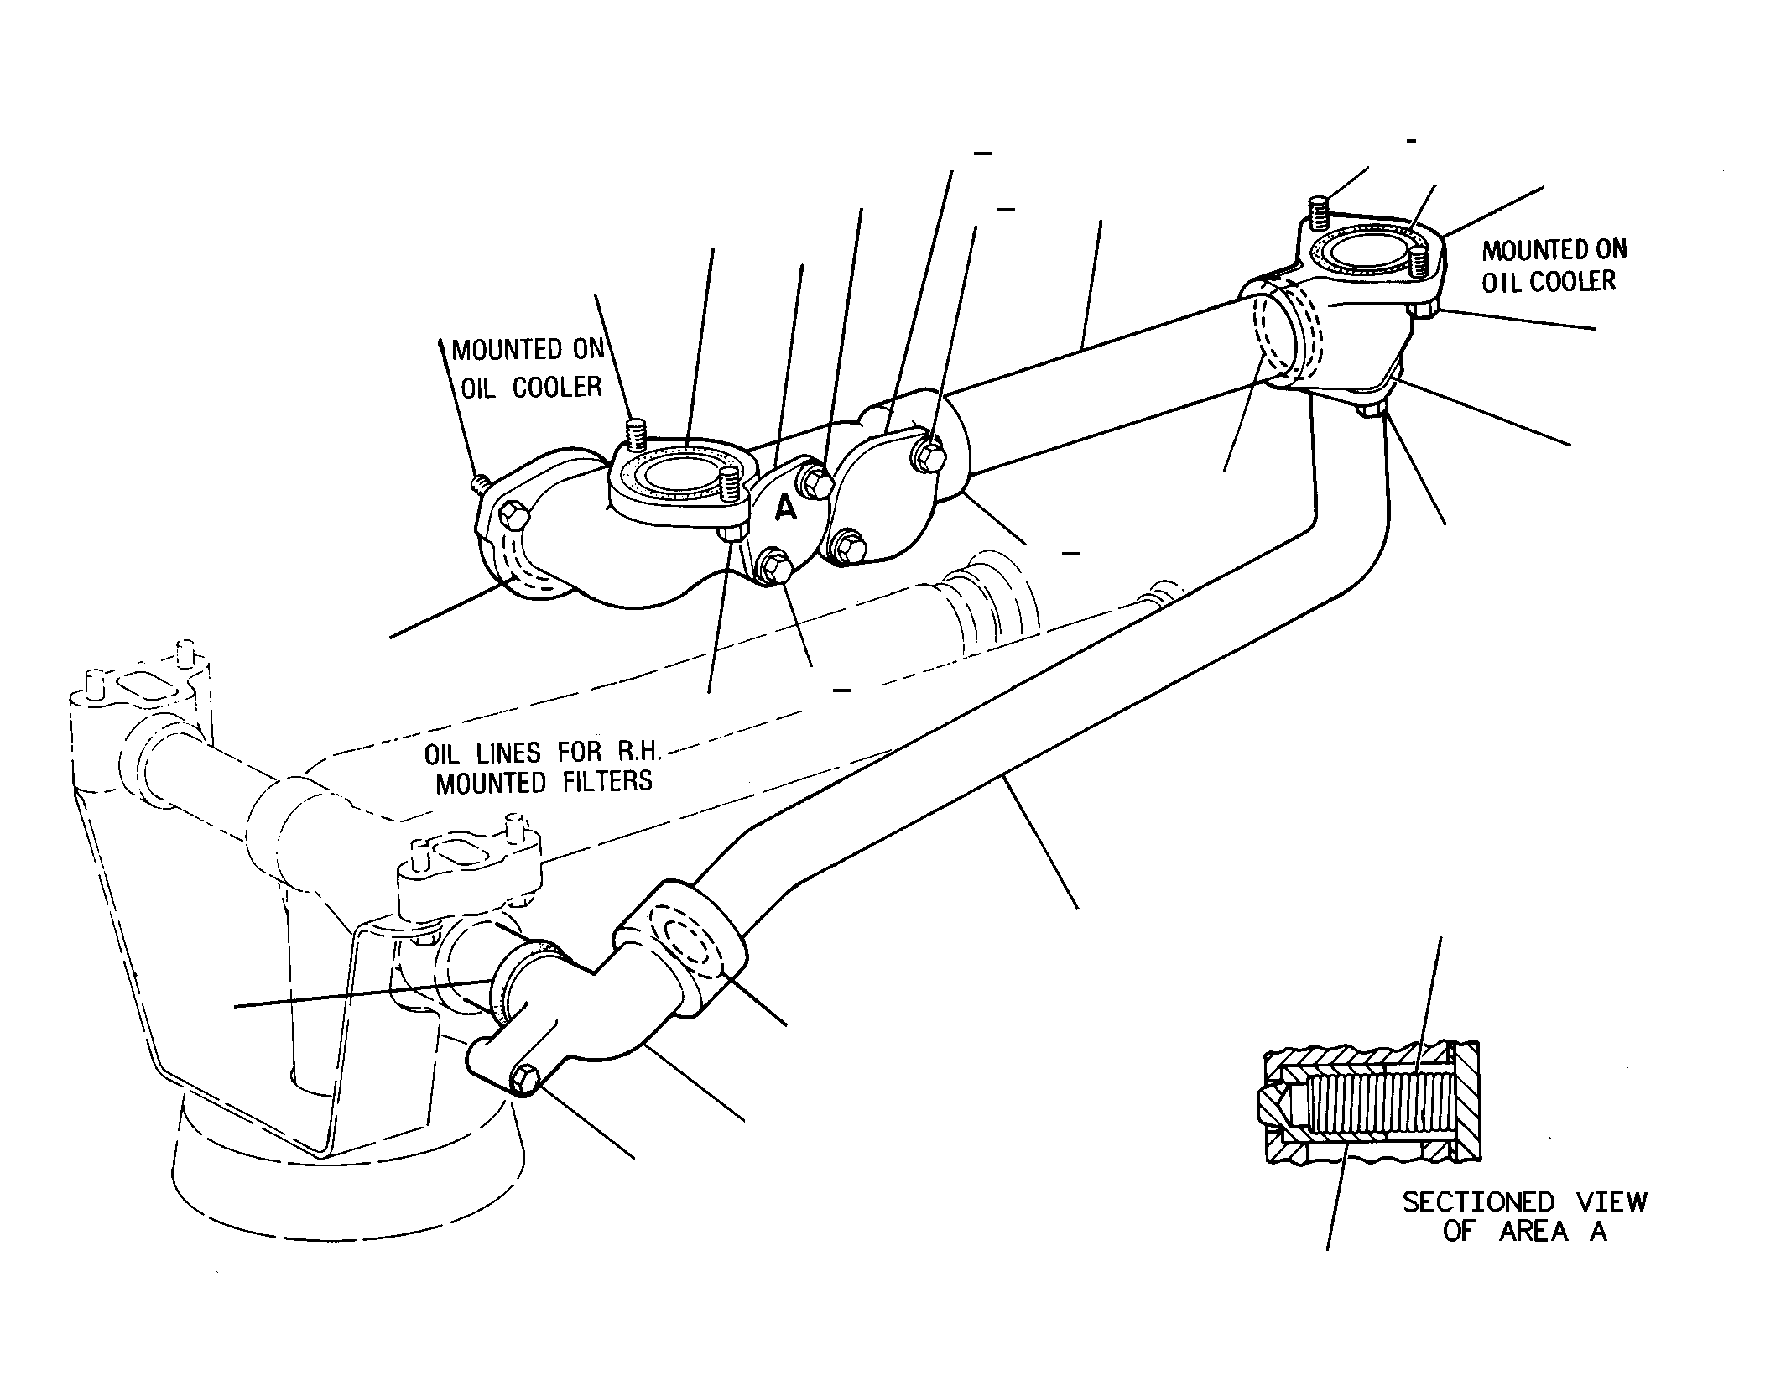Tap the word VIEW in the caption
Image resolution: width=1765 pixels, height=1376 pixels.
[1611, 1202]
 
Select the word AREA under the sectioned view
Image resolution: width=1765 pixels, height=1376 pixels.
[1533, 1232]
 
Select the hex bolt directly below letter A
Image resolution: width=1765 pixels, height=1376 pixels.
[773, 568]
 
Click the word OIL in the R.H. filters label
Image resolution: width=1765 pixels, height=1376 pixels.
[440, 753]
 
